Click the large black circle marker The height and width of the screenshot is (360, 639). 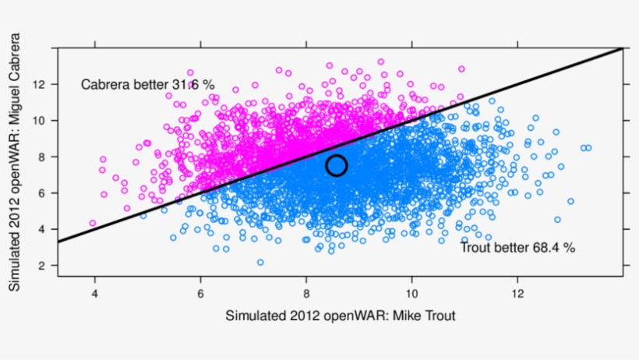click(337, 165)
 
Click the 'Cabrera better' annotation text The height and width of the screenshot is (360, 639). click(147, 84)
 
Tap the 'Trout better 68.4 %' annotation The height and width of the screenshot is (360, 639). click(517, 248)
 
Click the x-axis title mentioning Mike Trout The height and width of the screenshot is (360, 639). click(340, 316)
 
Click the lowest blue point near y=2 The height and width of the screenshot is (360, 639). click(260, 263)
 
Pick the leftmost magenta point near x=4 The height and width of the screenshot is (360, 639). click(93, 224)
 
